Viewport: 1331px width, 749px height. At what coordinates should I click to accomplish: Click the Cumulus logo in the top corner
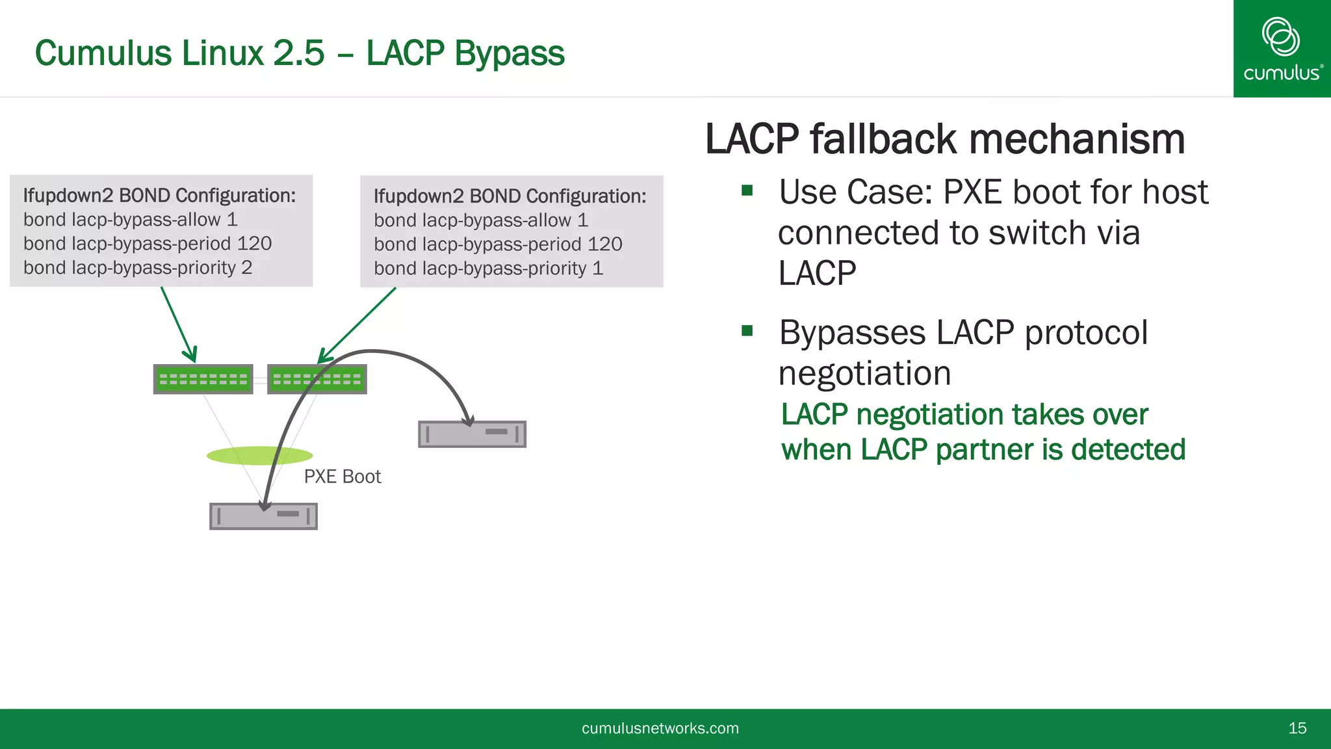(x=1282, y=48)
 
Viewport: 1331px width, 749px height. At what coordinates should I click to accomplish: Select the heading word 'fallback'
(x=883, y=140)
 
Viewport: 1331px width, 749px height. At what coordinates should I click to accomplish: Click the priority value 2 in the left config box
(x=247, y=268)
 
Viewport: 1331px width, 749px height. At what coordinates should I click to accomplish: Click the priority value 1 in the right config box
(x=597, y=269)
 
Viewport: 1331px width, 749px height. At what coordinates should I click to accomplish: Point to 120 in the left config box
(x=254, y=244)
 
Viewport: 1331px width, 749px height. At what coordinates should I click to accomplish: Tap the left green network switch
(x=203, y=379)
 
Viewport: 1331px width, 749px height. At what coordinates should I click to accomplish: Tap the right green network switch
(x=317, y=379)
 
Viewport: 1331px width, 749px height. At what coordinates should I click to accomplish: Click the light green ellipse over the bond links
(x=259, y=455)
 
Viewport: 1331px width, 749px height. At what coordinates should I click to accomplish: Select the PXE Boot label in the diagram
(x=342, y=477)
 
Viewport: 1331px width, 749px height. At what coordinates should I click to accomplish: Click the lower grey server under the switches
(x=263, y=516)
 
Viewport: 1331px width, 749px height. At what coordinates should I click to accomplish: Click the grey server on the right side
(x=472, y=434)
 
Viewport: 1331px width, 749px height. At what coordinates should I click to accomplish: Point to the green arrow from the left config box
(x=178, y=324)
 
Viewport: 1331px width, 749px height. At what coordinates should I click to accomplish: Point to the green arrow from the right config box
(x=357, y=324)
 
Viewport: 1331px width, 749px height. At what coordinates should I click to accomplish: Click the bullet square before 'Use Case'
(x=747, y=191)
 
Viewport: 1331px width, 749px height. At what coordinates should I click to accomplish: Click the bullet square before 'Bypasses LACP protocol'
(x=747, y=331)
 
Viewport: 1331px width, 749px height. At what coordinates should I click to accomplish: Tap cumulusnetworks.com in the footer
(x=660, y=728)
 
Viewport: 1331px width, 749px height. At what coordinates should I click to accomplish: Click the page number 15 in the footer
(x=1297, y=728)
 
